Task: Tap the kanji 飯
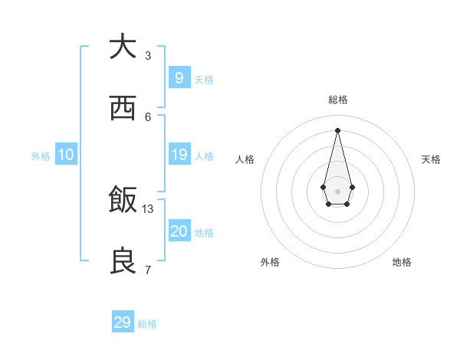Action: point(123,200)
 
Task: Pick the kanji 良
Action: point(123,261)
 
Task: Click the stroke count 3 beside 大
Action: point(148,55)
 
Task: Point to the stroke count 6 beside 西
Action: point(148,116)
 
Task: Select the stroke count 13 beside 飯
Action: point(148,208)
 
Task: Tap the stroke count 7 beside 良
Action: point(148,270)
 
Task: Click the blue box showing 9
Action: point(179,77)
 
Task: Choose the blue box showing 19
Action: point(179,155)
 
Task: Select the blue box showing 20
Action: point(179,231)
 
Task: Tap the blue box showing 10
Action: point(66,155)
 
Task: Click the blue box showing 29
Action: point(123,322)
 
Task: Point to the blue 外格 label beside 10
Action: point(41,156)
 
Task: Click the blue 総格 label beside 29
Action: point(147,324)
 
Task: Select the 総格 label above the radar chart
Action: point(337,100)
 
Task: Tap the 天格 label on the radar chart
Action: point(432,159)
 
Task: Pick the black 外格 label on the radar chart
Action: point(270,262)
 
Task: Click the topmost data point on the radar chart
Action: point(337,129)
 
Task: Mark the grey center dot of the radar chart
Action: point(337,190)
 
